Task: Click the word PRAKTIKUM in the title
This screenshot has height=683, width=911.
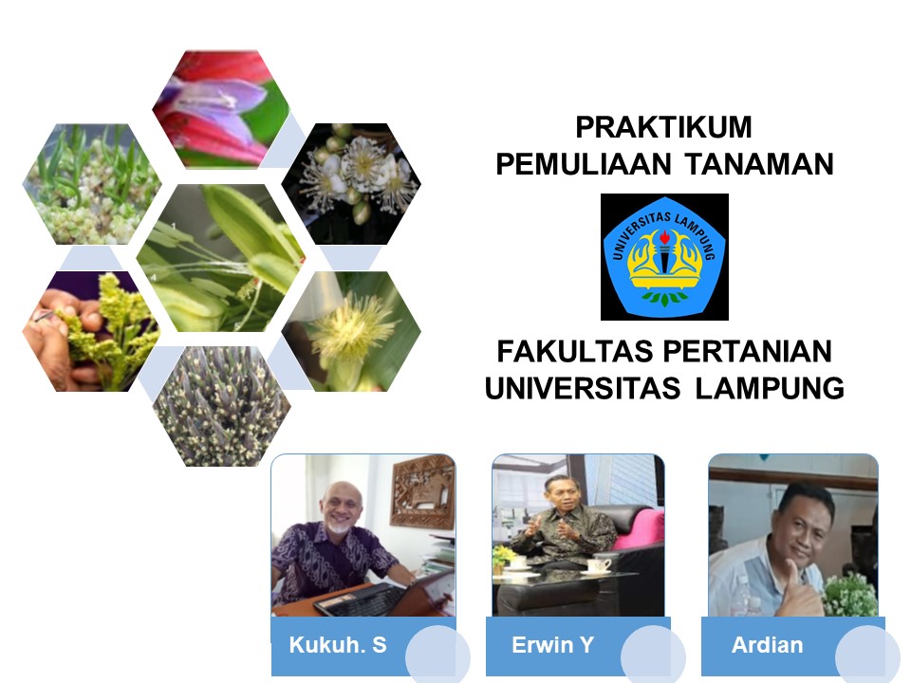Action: [663, 127]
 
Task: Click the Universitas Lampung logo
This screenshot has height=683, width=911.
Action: [664, 256]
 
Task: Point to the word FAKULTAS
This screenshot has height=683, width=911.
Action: [566, 352]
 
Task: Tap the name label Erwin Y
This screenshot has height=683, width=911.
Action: [552, 646]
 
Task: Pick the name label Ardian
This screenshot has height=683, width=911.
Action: [767, 646]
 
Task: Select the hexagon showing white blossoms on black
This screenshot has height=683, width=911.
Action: [351, 180]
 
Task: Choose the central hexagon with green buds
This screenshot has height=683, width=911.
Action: [220, 256]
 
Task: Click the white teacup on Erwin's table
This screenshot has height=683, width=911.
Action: [599, 565]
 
